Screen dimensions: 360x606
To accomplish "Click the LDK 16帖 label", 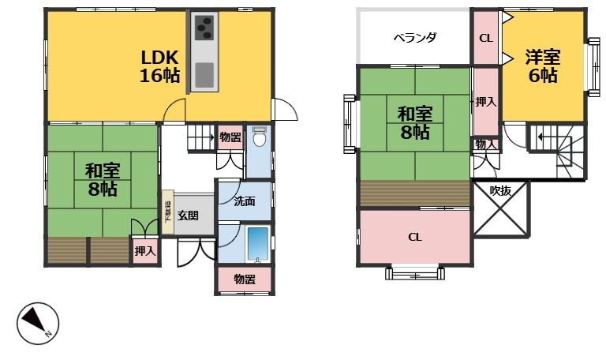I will point(160,66).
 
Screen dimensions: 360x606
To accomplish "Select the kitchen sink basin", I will point(204,76).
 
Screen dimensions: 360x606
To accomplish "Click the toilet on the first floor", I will point(258,139).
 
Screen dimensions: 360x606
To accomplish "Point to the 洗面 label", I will point(244,201).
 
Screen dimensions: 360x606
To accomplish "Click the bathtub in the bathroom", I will point(258,244).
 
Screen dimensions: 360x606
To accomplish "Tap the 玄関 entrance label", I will point(188,215).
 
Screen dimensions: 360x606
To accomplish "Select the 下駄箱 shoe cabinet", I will point(167,212).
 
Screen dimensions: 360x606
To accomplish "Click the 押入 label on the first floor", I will point(144,251).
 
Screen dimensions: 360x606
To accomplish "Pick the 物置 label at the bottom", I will point(245,279).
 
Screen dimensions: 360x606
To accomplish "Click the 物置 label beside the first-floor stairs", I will point(230,137).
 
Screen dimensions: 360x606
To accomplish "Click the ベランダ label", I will point(415,38).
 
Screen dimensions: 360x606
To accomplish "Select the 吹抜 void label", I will point(501,190).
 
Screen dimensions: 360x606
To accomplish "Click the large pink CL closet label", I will point(415,237).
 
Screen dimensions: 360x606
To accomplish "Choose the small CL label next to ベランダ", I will point(486,38).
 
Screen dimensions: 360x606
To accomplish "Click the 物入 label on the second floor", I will point(486,144).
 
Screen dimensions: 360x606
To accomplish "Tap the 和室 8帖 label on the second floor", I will point(414,122).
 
